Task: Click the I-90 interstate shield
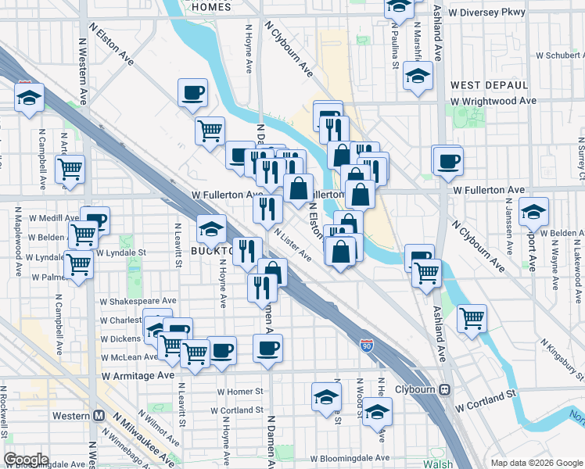point(367,344)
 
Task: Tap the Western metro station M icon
point(99,415)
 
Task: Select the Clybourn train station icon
point(445,389)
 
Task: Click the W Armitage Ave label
point(138,375)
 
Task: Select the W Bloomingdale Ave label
point(350,458)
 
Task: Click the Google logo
point(27,459)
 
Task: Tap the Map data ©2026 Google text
point(536,463)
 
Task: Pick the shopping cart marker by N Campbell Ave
point(70,167)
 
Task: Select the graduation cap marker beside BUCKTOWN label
point(211,228)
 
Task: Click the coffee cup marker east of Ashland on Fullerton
point(448,161)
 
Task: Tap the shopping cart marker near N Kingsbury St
point(472,317)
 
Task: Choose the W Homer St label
point(239,391)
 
